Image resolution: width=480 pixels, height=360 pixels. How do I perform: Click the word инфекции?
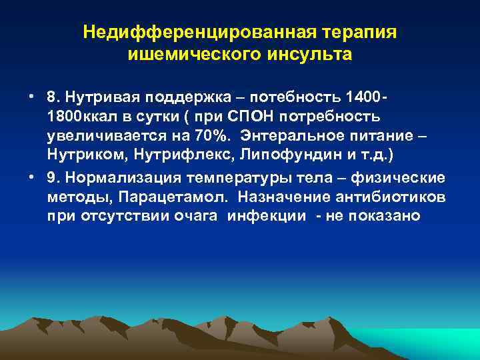click(267, 217)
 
